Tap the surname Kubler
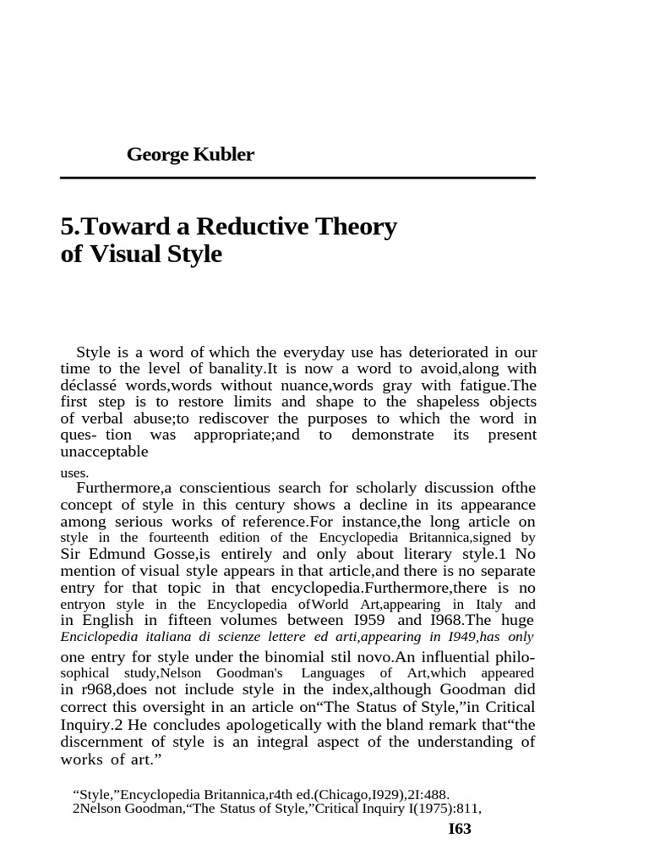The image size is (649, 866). [x=222, y=155]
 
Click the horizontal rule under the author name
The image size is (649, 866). [x=297, y=178]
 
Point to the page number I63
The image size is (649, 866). [x=459, y=829]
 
